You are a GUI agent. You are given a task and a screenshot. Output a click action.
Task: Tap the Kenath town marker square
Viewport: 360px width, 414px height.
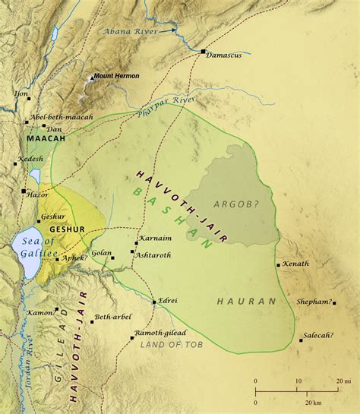coord(276,265)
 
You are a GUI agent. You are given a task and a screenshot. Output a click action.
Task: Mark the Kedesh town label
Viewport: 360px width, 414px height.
coord(31,161)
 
